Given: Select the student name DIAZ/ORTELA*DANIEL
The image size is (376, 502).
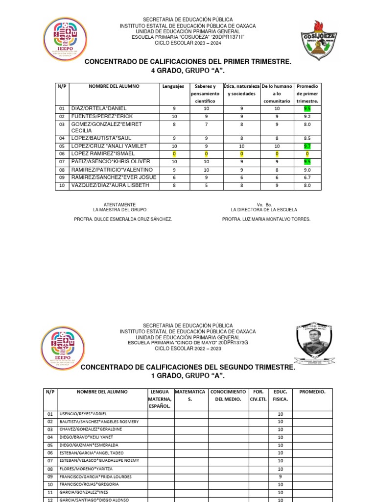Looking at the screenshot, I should (x=99, y=108).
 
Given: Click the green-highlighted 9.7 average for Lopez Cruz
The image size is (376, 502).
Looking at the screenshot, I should (x=307, y=146).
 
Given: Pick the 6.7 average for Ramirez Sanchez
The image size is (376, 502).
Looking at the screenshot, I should (x=307, y=177).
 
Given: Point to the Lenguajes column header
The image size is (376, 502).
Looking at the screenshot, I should (x=173, y=86).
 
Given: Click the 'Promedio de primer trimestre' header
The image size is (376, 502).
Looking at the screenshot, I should (x=307, y=94).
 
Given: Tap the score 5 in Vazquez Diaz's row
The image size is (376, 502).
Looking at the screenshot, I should (x=206, y=185).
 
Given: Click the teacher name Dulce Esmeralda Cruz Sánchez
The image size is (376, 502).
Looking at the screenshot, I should (x=122, y=219).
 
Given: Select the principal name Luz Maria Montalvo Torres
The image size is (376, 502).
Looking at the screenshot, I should (x=266, y=219).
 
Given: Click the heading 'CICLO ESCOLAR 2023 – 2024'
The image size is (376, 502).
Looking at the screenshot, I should (x=188, y=43).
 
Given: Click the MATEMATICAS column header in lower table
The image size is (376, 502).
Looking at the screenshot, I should (x=191, y=396).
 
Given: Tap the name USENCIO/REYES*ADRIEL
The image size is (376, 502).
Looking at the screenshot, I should (x=83, y=414).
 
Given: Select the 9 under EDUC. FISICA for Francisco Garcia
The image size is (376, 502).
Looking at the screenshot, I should (x=280, y=477).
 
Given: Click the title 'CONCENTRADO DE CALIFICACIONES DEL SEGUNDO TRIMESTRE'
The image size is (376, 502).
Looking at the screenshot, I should (x=188, y=367).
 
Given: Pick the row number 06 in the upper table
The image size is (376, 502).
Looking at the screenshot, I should (x=62, y=153).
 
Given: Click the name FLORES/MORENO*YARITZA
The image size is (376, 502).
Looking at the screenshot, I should (x=83, y=469).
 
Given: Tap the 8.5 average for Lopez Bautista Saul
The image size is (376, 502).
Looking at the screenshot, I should (x=307, y=139).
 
